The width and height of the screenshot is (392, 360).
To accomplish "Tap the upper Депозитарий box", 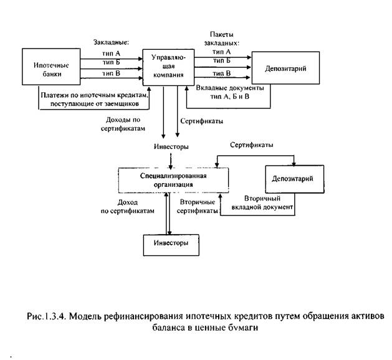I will pos(288,68).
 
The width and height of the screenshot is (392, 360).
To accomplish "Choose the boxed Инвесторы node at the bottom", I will pos(170,242).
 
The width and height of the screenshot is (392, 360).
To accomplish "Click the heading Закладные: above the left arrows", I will pos(110,42).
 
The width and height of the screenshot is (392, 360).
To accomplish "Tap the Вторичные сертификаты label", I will pos(198,207).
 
